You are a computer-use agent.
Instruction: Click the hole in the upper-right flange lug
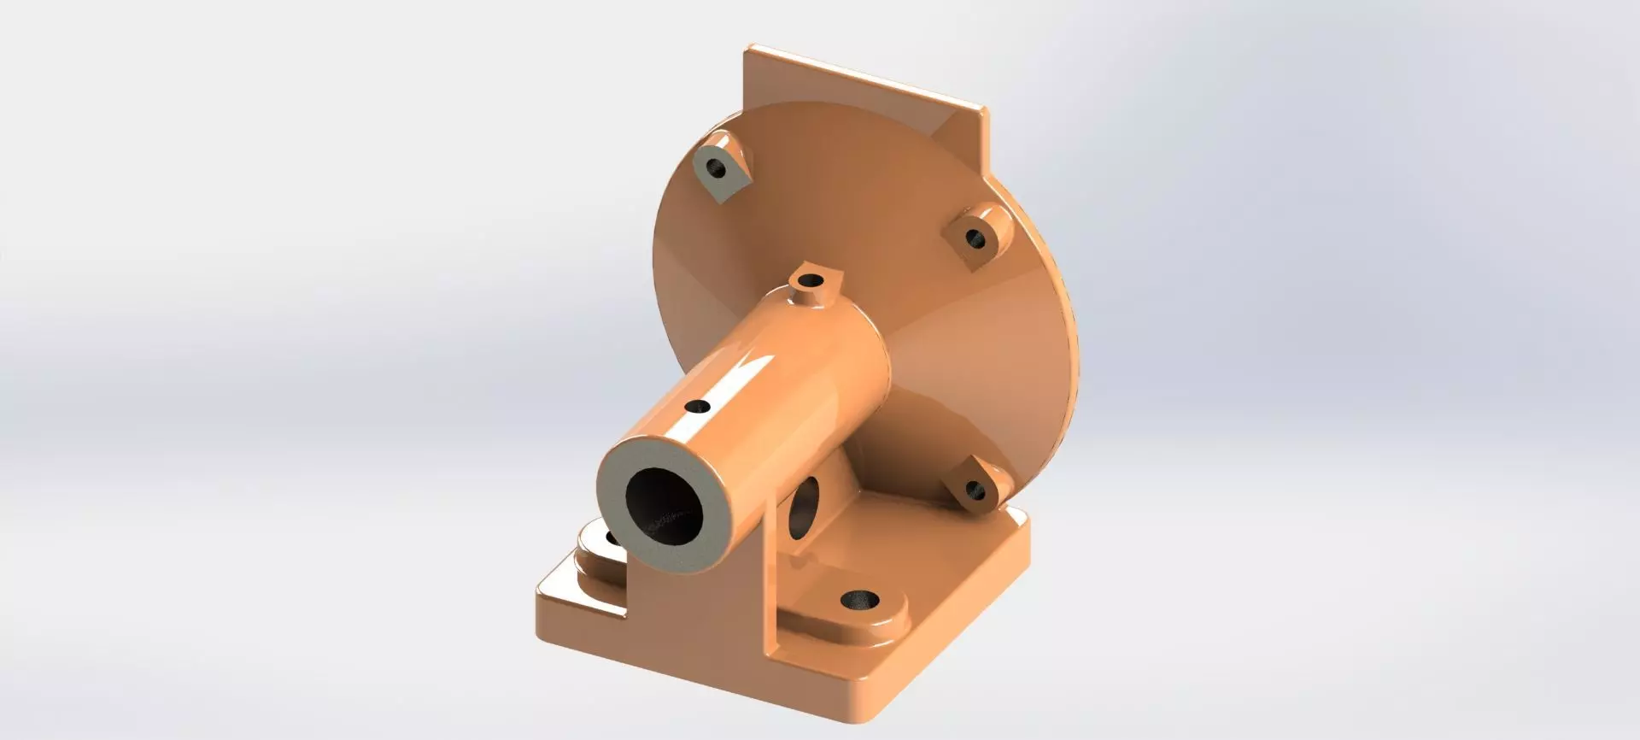pyautogui.click(x=975, y=237)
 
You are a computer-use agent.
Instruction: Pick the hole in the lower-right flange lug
pyautogui.click(x=975, y=490)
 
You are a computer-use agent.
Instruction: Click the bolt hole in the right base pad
pyautogui.click(x=860, y=600)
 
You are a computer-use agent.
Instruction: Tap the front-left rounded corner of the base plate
pyautogui.click(x=547, y=598)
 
